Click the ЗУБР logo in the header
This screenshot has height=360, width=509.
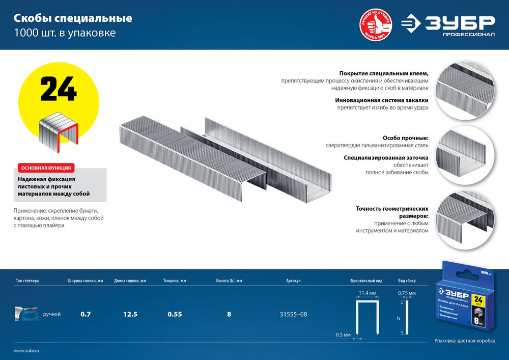[x=448, y=25]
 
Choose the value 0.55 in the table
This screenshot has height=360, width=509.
[x=175, y=314]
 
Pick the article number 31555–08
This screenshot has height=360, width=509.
[x=293, y=314]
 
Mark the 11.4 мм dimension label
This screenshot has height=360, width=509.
[x=367, y=293]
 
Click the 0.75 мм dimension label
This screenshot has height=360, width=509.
[x=407, y=293]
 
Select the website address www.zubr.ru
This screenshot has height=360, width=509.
[x=26, y=351]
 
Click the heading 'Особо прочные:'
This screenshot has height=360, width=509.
[x=405, y=138]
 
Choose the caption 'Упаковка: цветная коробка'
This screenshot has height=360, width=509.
[x=464, y=341]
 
